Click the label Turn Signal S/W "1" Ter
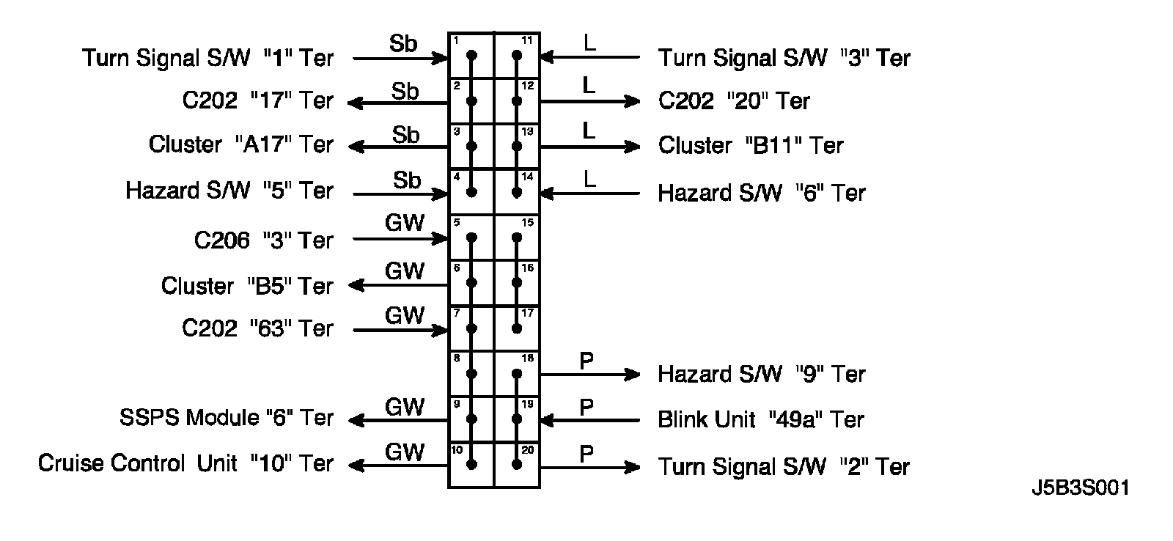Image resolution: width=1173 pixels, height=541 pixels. (208, 58)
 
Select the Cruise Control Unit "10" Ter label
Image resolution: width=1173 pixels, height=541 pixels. (185, 463)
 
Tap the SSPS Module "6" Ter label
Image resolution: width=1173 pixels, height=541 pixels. (227, 417)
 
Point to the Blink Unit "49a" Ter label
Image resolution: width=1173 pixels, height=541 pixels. (761, 419)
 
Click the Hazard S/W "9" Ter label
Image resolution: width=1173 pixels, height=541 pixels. (762, 374)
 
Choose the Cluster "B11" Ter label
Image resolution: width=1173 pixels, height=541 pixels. (751, 145)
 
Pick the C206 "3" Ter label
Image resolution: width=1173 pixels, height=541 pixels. (263, 240)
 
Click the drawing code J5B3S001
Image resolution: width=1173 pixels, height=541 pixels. (1081, 487)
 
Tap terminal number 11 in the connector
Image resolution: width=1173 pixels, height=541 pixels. (527, 40)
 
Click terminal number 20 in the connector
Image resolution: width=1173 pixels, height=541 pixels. (527, 450)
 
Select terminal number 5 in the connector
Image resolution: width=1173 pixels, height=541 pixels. (457, 223)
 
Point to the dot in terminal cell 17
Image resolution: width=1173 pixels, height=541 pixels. (517, 329)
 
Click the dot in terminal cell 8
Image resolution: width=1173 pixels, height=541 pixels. (471, 374)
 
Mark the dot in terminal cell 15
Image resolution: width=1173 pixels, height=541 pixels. (517, 238)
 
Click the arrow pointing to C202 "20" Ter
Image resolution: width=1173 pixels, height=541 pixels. (590, 101)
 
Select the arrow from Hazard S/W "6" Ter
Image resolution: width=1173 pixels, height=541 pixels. (590, 194)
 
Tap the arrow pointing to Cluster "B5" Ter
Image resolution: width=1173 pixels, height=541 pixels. (398, 285)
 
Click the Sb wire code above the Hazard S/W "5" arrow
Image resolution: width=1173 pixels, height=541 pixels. (407, 180)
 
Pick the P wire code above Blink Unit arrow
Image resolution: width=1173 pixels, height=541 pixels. (586, 407)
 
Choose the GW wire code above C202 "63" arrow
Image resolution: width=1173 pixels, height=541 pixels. (404, 316)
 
